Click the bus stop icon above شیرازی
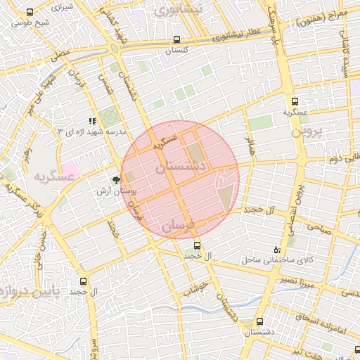point(30,13)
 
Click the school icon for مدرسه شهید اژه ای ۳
point(92,122)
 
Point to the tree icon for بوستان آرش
point(116,179)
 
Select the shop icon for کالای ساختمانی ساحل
point(276,250)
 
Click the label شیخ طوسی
point(28,23)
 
